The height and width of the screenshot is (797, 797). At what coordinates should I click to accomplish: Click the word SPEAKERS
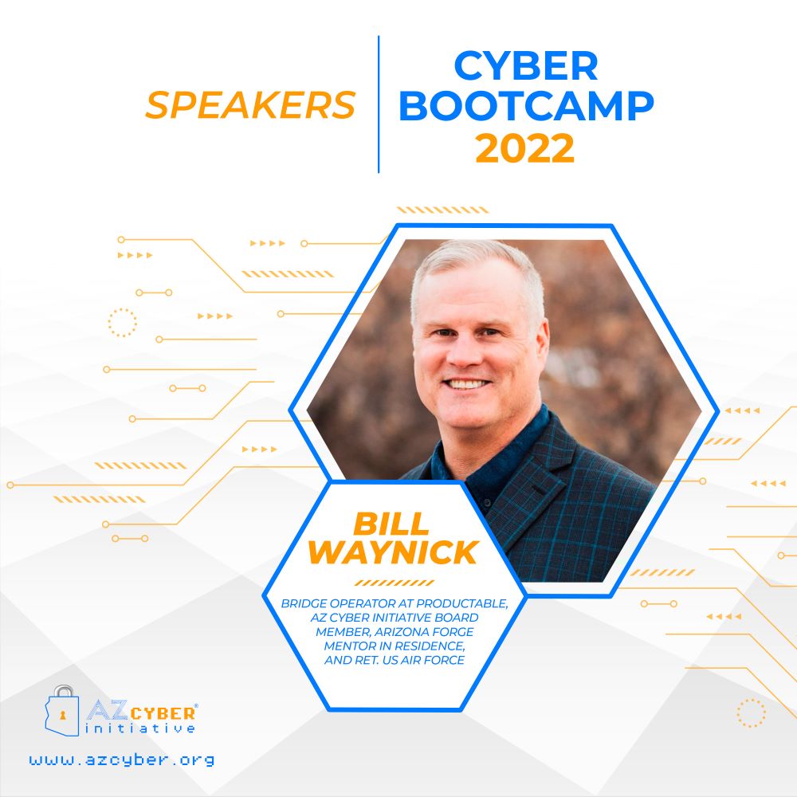pos(250,105)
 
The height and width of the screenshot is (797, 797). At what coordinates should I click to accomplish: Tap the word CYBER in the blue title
pos(525,65)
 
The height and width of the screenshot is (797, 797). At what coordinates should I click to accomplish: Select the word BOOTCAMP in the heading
pos(526,106)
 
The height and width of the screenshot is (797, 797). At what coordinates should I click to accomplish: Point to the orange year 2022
pos(524,148)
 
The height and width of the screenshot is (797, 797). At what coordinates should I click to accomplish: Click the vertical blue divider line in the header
pos(379,104)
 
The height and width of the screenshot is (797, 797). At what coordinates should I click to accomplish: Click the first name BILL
pos(391,524)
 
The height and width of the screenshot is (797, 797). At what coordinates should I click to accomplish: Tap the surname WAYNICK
pos(393,552)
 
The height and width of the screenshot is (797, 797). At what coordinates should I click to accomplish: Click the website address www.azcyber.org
pos(122,760)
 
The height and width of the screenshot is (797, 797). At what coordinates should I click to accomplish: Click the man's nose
pos(464,354)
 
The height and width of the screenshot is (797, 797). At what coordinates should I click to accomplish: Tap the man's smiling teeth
pos(465,384)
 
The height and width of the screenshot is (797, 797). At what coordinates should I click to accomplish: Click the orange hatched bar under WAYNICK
pos(395,583)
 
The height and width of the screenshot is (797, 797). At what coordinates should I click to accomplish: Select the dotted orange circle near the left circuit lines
pos(123,323)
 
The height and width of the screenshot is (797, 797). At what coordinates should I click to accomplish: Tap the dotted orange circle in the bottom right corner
pos(752,713)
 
